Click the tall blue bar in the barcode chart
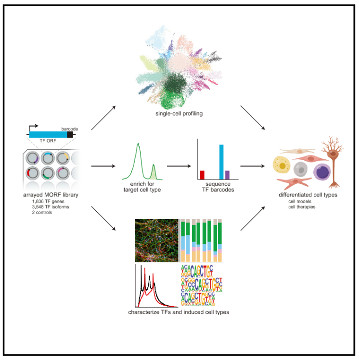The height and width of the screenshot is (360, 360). [x=221, y=161]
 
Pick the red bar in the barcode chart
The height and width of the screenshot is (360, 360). [x=202, y=174]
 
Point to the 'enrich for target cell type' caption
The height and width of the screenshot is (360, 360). [x=141, y=187]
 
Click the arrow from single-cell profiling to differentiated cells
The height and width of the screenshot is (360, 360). [x=252, y=118]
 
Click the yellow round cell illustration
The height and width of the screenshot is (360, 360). [x=282, y=166]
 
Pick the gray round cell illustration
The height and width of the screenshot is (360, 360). [x=301, y=169]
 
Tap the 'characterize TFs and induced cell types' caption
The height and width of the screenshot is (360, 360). [x=178, y=312]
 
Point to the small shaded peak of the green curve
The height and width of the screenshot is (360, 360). [x=154, y=172]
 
